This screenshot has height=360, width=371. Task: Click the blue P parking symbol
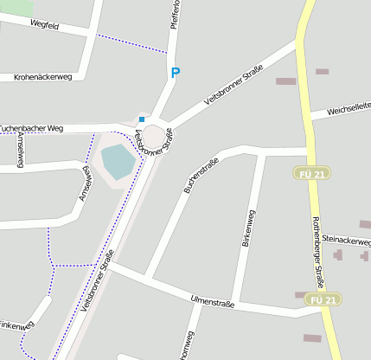(176, 74)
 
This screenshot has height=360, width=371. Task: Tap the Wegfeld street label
(44, 25)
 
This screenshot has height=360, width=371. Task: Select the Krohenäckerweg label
(42, 77)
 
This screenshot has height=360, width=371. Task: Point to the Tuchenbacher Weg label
(32, 128)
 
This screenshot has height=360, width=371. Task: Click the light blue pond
(118, 161)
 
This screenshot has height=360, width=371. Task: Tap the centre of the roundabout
(153, 136)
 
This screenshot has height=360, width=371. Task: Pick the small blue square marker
(142, 119)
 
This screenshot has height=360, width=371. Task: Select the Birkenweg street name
(248, 229)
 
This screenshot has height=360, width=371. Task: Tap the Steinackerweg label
(346, 238)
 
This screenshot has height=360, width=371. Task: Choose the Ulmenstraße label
(212, 301)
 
